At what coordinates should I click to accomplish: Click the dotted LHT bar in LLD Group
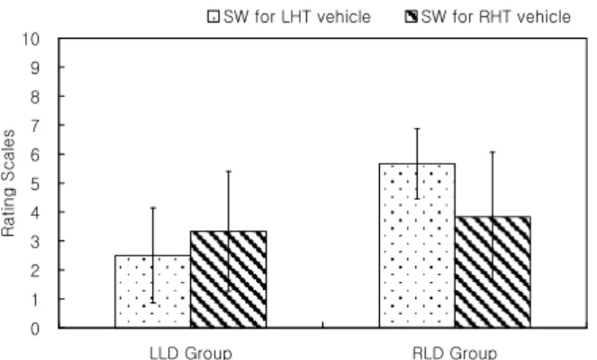tap(153, 291)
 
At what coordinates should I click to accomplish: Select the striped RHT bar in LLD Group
tap(229, 279)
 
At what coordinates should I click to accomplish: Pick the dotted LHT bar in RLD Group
tap(417, 246)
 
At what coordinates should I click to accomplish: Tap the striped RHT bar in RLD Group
tap(493, 272)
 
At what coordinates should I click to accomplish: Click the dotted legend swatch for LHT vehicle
tap(213, 17)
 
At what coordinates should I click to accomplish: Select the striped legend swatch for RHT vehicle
tap(411, 17)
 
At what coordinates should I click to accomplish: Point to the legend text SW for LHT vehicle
tap(297, 17)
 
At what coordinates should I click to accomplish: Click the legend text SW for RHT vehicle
tap(496, 17)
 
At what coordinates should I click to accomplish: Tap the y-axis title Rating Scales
tap(8, 183)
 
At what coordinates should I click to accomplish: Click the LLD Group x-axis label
tap(191, 353)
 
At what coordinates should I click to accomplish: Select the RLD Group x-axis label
tap(455, 353)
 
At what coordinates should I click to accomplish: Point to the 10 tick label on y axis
tap(31, 39)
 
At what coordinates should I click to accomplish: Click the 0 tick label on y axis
tap(34, 328)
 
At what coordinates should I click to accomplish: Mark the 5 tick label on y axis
tap(34, 184)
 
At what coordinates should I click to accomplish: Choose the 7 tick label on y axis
tap(34, 126)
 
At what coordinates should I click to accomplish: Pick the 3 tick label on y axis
tap(34, 241)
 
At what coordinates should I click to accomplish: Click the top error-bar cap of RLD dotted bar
tap(417, 129)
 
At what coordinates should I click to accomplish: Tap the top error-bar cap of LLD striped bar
tap(229, 171)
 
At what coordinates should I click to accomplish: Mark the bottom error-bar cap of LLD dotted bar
tap(153, 302)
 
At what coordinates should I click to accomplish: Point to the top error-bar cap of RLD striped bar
tap(493, 152)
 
